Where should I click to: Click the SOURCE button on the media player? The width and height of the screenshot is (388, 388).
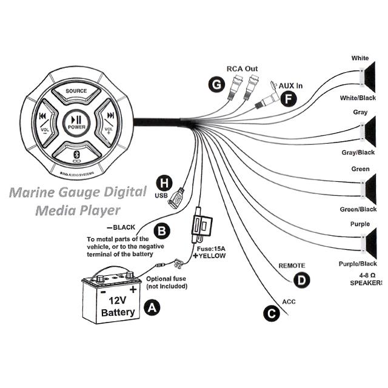pos(76,93)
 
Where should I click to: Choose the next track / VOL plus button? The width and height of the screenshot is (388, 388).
pos(107,122)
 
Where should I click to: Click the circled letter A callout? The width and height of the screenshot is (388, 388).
pos(152,308)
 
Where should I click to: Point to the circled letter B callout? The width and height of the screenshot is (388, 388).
pos(162,231)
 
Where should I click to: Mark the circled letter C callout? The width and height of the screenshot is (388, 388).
pos(272,314)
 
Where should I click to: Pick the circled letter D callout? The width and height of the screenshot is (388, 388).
pos(302,280)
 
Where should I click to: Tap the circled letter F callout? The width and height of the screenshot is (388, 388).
pos(289,99)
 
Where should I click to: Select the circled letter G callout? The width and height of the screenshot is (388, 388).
pos(217,84)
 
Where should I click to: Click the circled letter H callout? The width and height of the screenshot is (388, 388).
pos(164,183)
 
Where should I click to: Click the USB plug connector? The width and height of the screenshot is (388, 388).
pos(176,198)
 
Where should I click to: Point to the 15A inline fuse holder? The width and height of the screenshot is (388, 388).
pos(202,225)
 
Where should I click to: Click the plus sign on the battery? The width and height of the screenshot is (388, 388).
pos(133,289)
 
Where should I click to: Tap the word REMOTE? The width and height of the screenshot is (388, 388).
pos(292,266)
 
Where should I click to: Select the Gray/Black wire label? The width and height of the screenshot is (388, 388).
pos(358,152)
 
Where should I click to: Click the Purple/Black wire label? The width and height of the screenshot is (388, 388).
pos(358,264)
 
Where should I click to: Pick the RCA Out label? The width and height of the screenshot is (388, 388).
pos(242,69)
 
